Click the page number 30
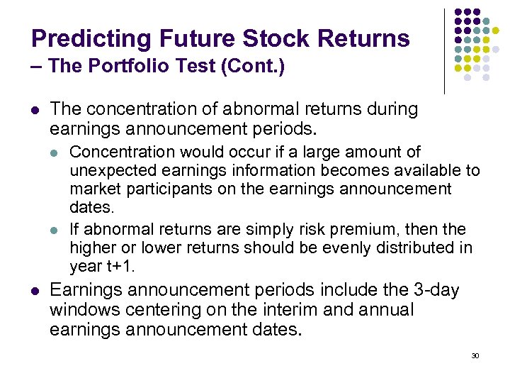click(x=475, y=355)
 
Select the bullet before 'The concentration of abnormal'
click(x=36, y=111)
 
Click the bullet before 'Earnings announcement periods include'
click(x=36, y=291)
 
